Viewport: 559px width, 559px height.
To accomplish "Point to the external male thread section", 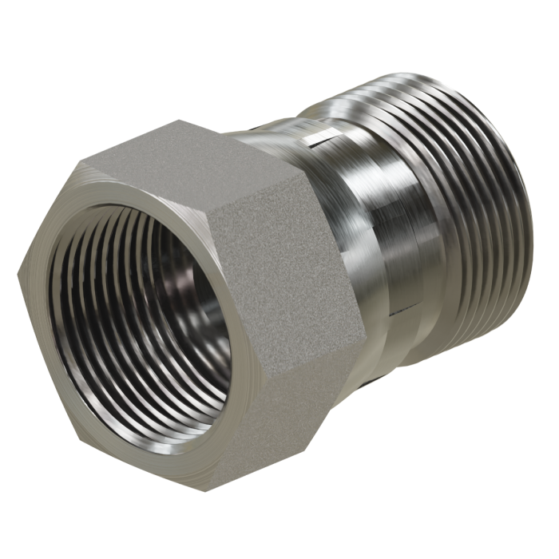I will tap(471, 200).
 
